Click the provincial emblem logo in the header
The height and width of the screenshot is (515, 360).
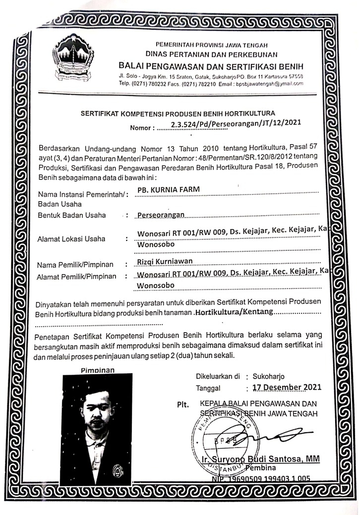74,61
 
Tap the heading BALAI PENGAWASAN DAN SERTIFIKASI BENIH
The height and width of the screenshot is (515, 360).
211,66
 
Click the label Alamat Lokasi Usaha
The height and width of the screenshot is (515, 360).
71,239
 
